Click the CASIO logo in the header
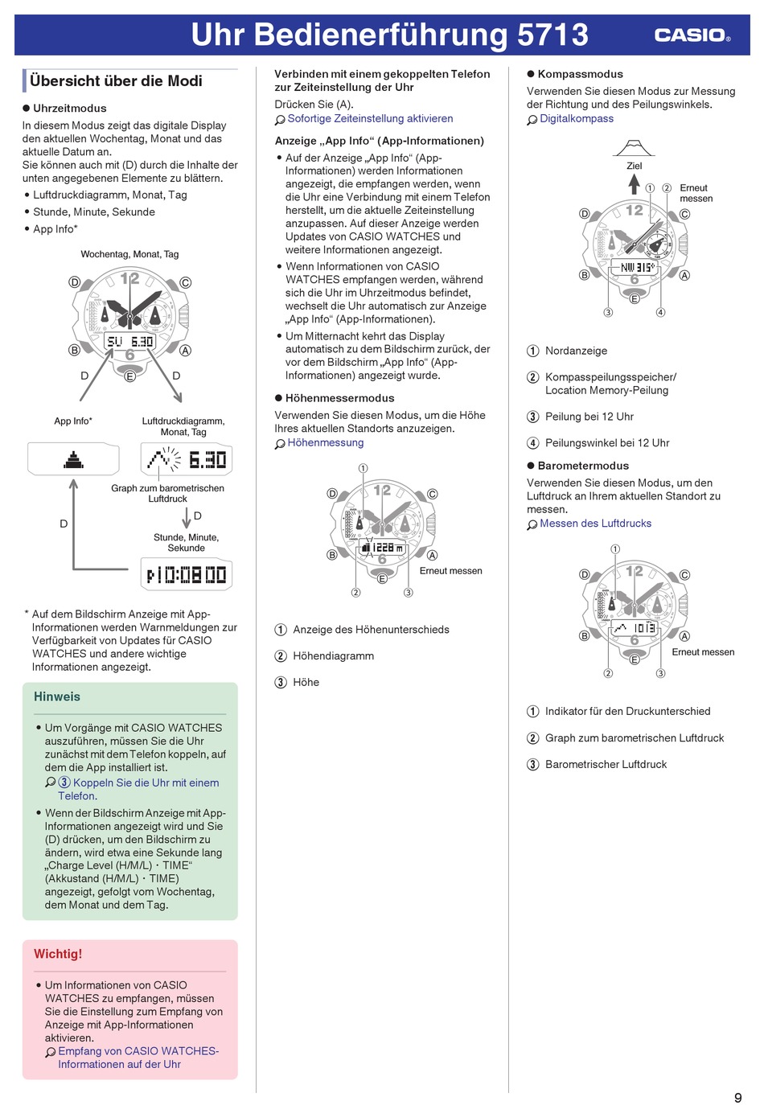click(x=692, y=35)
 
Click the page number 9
click(x=737, y=1097)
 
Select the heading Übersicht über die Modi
click(x=116, y=80)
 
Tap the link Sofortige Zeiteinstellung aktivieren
click(x=370, y=118)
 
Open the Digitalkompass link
click(x=577, y=118)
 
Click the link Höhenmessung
click(x=326, y=442)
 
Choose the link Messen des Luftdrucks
click(x=595, y=523)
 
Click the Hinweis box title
click(x=57, y=696)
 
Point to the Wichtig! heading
click(x=58, y=954)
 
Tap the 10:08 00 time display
click(x=187, y=575)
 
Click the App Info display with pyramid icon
click(x=73, y=460)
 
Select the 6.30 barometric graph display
click(x=187, y=460)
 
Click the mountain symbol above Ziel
click(x=634, y=148)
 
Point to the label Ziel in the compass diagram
click(x=635, y=166)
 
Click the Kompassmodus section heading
click(x=580, y=74)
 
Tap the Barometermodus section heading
click(x=583, y=466)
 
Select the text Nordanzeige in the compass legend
click(x=576, y=351)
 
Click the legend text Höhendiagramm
click(x=333, y=655)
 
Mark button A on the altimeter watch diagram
click(x=432, y=555)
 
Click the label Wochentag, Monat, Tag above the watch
click(x=129, y=254)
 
